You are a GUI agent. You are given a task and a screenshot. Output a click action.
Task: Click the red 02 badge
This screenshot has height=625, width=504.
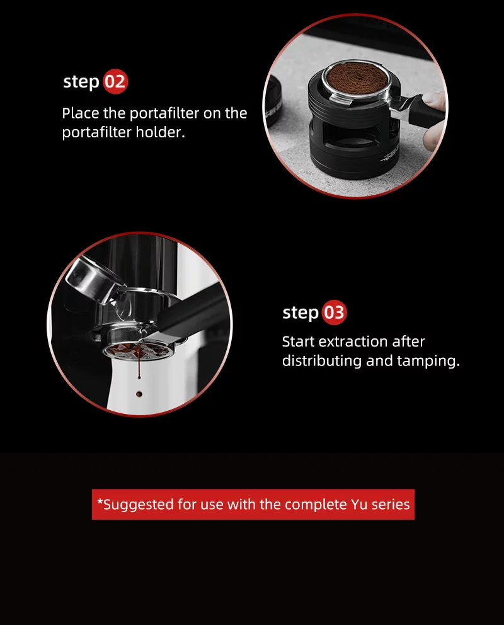pyautogui.click(x=115, y=82)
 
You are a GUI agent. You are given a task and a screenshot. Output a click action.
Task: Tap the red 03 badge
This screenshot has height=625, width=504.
pyautogui.click(x=334, y=312)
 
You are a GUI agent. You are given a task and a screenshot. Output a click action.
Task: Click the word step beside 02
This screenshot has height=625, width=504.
pyautogui.click(x=81, y=83)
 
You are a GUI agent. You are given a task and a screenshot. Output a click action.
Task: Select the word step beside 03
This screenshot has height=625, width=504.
pyautogui.click(x=300, y=313)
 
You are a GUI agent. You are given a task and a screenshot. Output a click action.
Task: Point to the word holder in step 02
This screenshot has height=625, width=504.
pyautogui.click(x=160, y=134)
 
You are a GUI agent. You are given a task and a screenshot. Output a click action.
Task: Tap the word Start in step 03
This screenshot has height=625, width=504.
pyautogui.click(x=299, y=341)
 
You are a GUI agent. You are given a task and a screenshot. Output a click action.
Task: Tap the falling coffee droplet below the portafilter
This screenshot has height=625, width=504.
pyautogui.click(x=139, y=394)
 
